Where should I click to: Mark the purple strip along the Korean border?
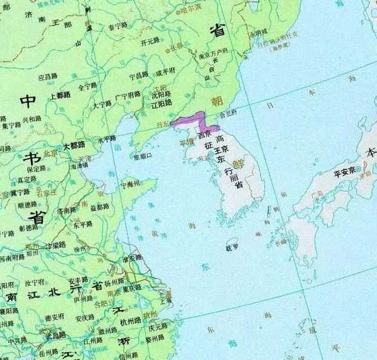pos(193,121)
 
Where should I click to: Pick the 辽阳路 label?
pos(160,104)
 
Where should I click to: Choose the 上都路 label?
pos(61,95)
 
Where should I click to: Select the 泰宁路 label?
pos(118,25)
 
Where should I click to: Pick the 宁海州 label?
pos(134,182)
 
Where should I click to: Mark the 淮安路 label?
pos(132,258)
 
